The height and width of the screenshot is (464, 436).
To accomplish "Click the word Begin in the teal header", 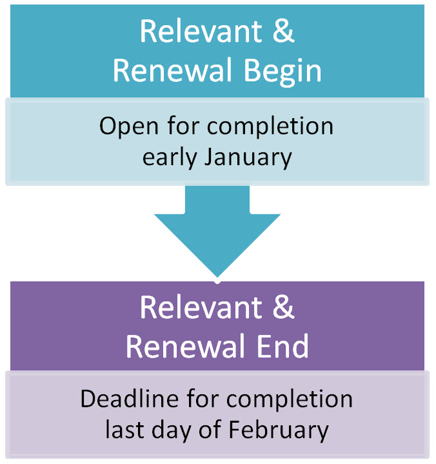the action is (282, 72).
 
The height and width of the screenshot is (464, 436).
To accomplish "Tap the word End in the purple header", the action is (282, 346).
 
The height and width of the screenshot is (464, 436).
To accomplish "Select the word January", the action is (248, 157).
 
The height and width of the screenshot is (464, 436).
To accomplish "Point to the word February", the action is (279, 430).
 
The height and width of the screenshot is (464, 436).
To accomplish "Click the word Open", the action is (128, 126).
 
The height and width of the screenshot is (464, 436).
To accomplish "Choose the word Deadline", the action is (130, 399).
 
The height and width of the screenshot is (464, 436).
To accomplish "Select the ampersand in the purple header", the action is (283, 307).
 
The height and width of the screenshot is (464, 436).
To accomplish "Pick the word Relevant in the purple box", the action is (201, 307).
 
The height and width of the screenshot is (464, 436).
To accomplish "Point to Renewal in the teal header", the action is (172, 70).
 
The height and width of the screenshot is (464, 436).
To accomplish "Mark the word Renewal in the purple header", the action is (185, 346).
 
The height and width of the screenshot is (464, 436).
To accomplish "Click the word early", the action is (170, 157).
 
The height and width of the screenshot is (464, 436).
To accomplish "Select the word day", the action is (172, 430).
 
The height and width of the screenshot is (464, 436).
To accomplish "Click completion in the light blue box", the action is (270, 126).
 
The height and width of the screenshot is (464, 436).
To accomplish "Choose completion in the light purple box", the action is (290, 399).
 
